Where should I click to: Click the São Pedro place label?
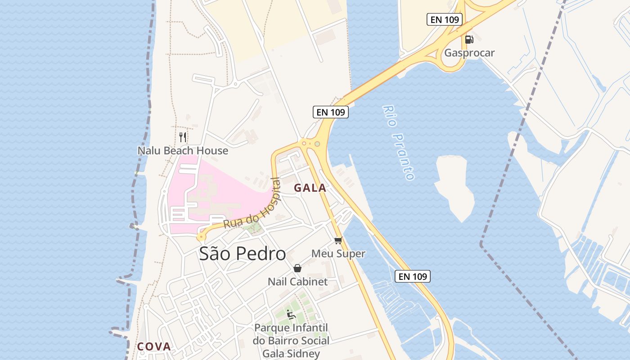tap(242, 254)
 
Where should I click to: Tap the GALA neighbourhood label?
tap(310, 188)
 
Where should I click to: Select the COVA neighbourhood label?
tap(154, 346)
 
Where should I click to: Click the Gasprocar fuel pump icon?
tap(469, 39)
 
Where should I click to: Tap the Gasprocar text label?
tap(469, 53)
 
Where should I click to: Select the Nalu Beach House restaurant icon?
tap(183, 137)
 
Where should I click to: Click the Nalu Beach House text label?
tap(183, 151)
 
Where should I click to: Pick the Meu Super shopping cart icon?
tap(338, 240)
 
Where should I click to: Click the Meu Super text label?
tap(338, 254)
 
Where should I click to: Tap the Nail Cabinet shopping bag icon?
tap(297, 268)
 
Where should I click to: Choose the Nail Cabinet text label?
tap(297, 282)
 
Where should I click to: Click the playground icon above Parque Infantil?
tap(291, 314)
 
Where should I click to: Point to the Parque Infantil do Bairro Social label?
tap(291, 334)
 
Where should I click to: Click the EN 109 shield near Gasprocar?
tap(444, 19)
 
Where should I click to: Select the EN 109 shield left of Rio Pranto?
tap(331, 112)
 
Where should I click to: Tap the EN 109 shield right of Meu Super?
tap(413, 276)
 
